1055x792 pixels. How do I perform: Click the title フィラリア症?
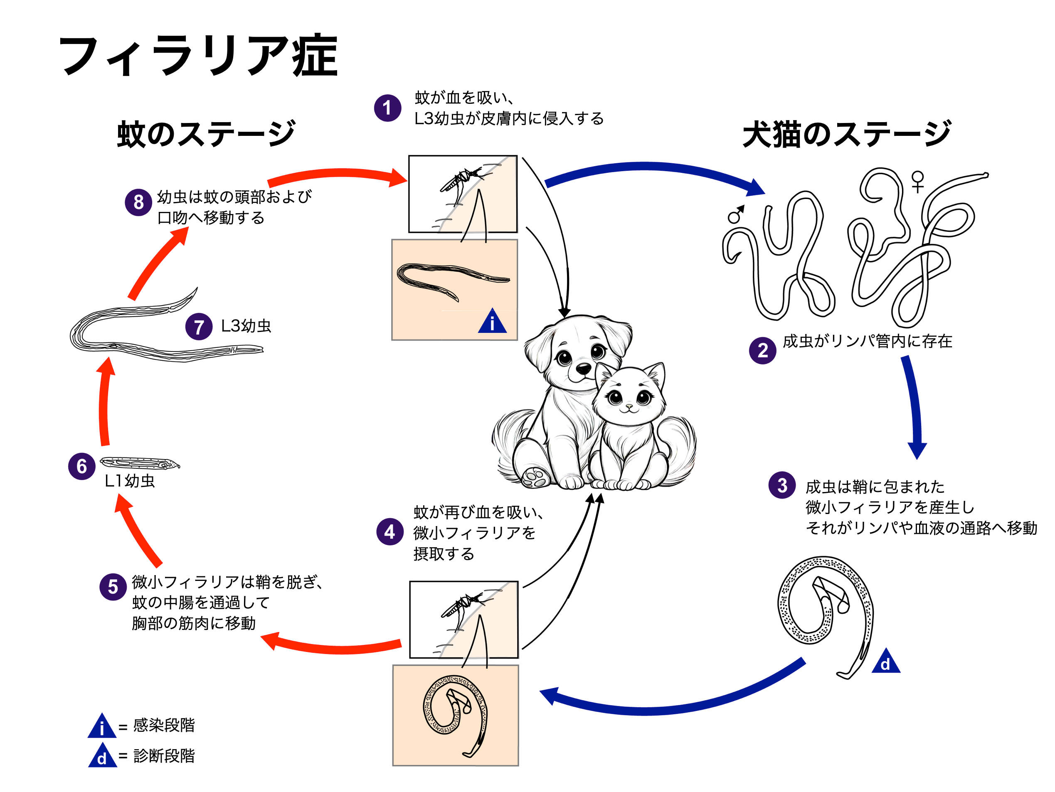tap(198, 56)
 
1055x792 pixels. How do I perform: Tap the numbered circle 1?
tap(387, 108)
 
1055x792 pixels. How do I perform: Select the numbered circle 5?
tap(113, 586)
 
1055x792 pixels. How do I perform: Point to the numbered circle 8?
tap(138, 202)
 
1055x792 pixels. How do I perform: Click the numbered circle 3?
tap(782, 485)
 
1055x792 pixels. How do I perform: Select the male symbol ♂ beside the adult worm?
tap(736, 214)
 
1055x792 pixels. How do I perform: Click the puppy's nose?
tap(583, 368)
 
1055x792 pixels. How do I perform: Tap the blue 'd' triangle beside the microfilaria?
tap(885, 662)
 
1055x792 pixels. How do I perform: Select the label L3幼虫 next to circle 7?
tap(246, 326)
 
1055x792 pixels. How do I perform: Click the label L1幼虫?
tap(130, 481)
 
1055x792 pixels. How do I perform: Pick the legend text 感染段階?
tap(164, 725)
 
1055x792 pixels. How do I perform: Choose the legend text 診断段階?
tap(164, 756)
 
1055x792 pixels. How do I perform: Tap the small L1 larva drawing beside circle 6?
tap(139, 462)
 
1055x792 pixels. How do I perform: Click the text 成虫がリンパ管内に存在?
tap(867, 342)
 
